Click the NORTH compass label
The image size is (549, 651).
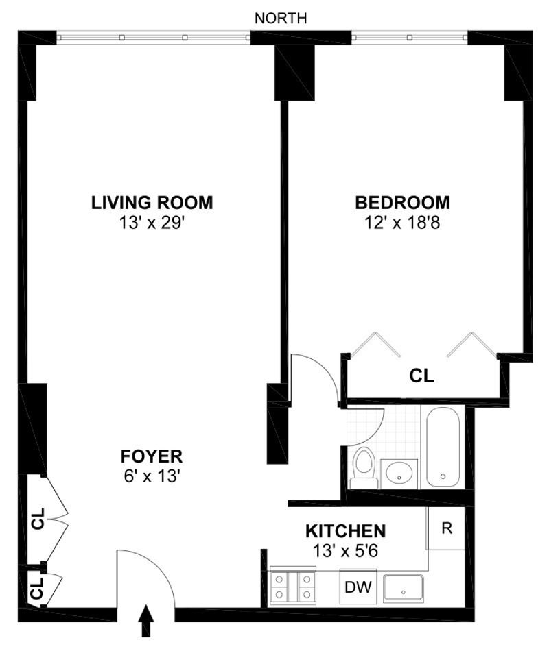[x=281, y=19]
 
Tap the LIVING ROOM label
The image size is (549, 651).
[x=152, y=203]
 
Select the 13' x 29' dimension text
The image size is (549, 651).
[x=152, y=223]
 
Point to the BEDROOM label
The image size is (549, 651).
[x=402, y=203]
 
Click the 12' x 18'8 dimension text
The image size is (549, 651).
[x=402, y=223]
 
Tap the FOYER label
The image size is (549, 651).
[x=152, y=456]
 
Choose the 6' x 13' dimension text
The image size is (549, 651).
[x=152, y=476]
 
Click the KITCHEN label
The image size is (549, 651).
[x=346, y=531]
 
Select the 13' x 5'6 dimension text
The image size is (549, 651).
[x=345, y=551]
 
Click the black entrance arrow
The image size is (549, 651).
[x=146, y=621]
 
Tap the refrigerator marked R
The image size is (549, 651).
[x=446, y=528]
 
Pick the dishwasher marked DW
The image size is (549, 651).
[x=358, y=587]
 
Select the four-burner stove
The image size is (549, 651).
[x=292, y=587]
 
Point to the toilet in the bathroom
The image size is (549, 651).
[x=364, y=468]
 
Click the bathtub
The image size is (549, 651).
[x=443, y=447]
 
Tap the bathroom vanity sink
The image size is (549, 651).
[x=399, y=474]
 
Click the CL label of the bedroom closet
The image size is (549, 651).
[x=422, y=376]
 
